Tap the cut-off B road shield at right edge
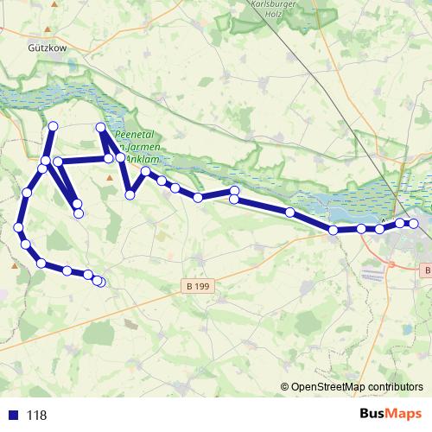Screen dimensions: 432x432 click(427, 271)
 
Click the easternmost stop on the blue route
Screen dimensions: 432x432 click(414, 224)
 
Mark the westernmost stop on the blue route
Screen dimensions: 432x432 click(19, 227)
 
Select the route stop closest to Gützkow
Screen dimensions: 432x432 click(53, 126)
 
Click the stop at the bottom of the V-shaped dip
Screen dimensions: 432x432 click(130, 195)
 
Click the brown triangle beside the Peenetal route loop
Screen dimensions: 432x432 click(109, 178)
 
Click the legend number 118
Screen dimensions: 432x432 click(37, 416)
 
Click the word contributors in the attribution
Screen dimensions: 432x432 click(393, 388)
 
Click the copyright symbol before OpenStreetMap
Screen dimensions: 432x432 click(285, 388)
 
